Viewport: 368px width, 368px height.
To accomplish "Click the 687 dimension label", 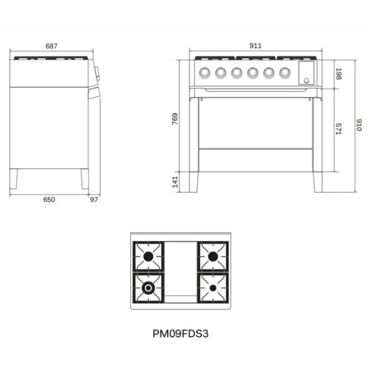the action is point(52,46).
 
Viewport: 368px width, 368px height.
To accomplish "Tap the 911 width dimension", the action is point(255,46).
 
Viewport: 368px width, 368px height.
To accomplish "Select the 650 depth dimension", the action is point(49,199).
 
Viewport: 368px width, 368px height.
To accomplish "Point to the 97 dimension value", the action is point(94,199).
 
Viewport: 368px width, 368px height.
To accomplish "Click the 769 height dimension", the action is point(175,119).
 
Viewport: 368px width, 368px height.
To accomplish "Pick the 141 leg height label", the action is point(175,182).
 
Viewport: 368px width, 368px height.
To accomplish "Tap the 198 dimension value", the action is point(339,74).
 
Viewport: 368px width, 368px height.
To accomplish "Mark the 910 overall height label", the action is point(359,125).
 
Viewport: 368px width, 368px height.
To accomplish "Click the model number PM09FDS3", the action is point(180,333).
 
